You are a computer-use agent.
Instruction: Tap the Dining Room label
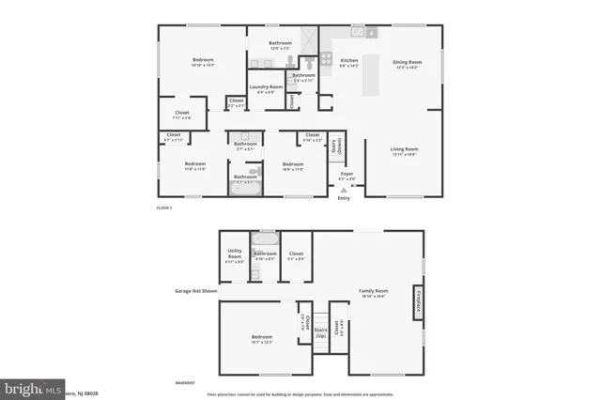click(407, 63)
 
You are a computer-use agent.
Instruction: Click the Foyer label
click(347, 175)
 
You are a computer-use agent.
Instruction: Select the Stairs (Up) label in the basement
click(320, 331)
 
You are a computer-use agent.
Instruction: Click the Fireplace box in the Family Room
click(417, 301)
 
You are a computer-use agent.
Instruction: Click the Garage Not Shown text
click(195, 291)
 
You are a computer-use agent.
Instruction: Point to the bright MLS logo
click(33, 387)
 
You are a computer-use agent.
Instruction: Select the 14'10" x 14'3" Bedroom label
click(204, 62)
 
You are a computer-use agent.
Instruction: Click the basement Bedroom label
click(261, 338)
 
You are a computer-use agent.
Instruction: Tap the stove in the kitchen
click(371, 34)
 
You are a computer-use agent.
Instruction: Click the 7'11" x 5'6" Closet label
click(182, 115)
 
